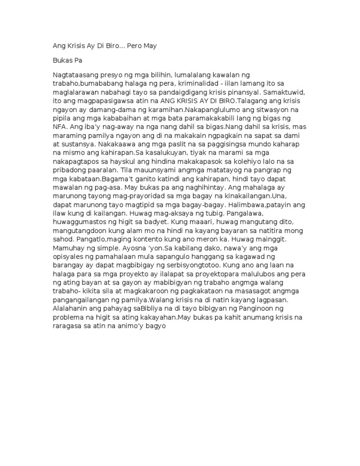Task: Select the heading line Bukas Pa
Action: click(x=67, y=61)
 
